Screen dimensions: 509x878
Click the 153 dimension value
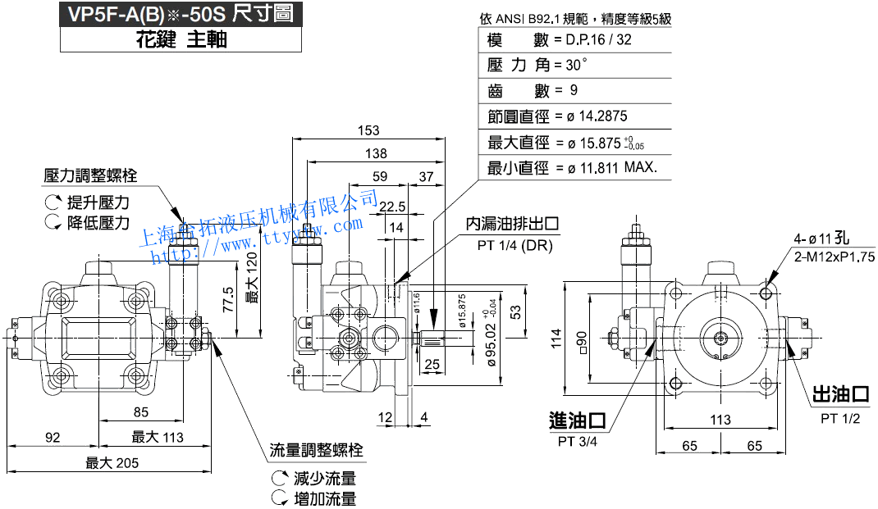pyautogui.click(x=369, y=130)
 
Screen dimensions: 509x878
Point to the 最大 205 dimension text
pyautogui.click(x=112, y=463)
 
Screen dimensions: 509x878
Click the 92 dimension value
pyautogui.click(x=53, y=437)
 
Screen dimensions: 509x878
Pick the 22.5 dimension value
pyautogui.click(x=392, y=205)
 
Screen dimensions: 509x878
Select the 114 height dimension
pyautogui.click(x=557, y=337)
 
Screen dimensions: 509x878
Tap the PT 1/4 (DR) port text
pyautogui.click(x=515, y=245)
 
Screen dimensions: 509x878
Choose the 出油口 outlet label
pyautogui.click(x=840, y=395)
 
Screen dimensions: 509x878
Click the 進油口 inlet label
pyautogui.click(x=578, y=420)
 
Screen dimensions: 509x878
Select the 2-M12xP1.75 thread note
pyautogui.click(x=835, y=257)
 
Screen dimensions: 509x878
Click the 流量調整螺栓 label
pyautogui.click(x=317, y=451)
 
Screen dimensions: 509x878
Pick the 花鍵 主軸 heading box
pyautogui.click(x=181, y=39)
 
